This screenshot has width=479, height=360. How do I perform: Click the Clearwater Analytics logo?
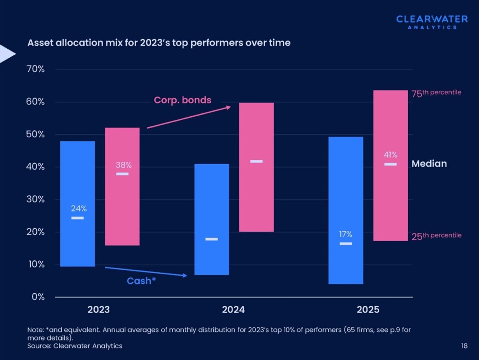point(432,22)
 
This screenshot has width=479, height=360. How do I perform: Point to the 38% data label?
point(123,165)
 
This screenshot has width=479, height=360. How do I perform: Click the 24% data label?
point(79,208)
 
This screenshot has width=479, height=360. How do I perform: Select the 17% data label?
point(346,234)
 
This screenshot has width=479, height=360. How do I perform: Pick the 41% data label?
point(390,155)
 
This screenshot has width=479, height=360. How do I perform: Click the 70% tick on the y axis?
point(36,69)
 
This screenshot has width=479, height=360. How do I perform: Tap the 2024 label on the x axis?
point(233,310)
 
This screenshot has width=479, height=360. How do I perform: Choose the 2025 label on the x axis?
point(368,310)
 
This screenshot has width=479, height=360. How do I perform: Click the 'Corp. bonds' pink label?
point(183,100)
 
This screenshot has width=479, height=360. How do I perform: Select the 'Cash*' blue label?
point(141,281)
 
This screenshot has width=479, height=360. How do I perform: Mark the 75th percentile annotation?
point(436,93)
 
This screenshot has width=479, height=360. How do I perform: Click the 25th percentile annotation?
point(436,236)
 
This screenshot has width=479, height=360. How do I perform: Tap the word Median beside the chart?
point(429,164)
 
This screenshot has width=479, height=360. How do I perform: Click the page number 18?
point(464,346)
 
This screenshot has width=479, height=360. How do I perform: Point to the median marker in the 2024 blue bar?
point(211,239)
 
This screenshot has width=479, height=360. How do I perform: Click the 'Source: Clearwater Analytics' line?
point(75,346)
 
